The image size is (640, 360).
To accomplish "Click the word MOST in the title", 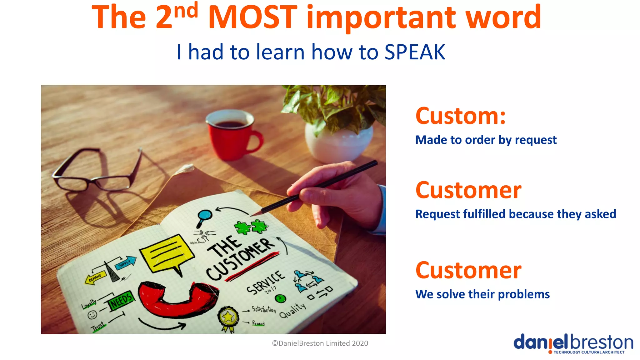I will (252, 17).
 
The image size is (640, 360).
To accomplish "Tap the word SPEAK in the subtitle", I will (415, 52).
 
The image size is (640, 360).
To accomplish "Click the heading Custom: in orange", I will (460, 116).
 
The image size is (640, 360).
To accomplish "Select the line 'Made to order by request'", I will (486, 140).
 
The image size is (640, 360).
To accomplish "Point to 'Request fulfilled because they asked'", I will (516, 214).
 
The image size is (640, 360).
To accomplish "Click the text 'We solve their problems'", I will (482, 294).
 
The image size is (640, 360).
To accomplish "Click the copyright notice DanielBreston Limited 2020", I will (320, 343).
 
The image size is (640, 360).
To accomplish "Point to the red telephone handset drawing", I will (177, 300).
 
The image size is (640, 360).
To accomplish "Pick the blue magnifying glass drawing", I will (204, 217).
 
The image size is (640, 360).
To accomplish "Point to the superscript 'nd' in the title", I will (186, 11).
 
